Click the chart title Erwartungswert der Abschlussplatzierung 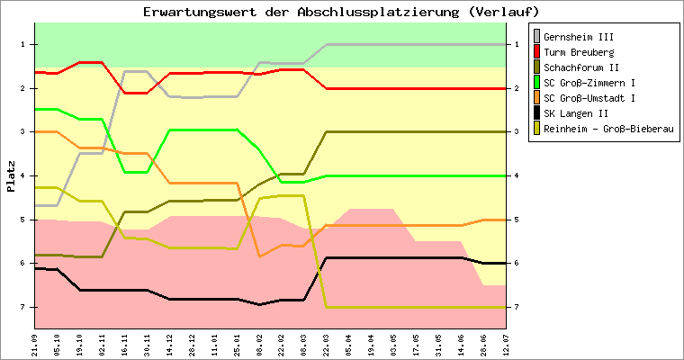coord(341,12)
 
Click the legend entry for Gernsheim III coord(577,37)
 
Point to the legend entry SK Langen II coord(577,113)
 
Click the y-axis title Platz coord(11,176)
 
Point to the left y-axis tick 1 coord(22,44)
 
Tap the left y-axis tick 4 coord(22,175)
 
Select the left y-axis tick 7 coord(22,307)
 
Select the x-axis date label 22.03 coord(326,343)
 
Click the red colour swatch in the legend coord(537,52)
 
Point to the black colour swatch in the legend coord(537,113)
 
